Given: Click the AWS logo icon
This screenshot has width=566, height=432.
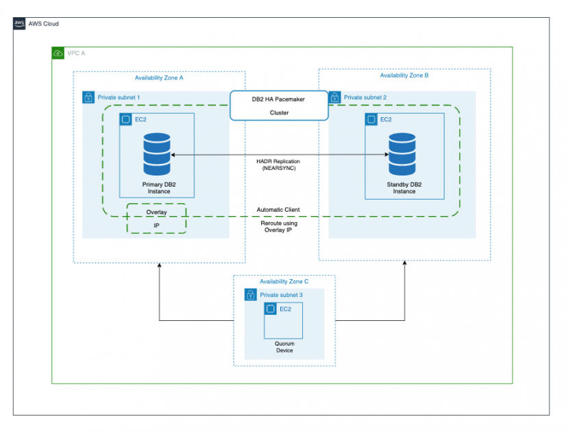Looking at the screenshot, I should tap(19, 24).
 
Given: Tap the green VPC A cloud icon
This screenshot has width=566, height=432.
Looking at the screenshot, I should tap(58, 53).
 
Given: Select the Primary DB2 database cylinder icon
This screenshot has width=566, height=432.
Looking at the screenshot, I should tap(157, 155).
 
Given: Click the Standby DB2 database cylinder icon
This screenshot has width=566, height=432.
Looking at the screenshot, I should tap(403, 154).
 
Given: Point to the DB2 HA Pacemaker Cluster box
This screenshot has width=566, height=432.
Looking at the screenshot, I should tap(278, 106).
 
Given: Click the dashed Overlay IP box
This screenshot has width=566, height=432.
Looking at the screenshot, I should tap(156, 219).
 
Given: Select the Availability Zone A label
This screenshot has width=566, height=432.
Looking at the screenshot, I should tap(159, 78).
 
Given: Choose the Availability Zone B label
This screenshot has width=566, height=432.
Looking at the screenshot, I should tap(404, 75).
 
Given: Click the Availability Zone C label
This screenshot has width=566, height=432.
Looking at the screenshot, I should tap(284, 282).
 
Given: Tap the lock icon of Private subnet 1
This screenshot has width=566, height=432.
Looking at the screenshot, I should tap(88, 97).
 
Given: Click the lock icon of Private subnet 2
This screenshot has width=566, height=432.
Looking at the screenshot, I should tap(335, 97).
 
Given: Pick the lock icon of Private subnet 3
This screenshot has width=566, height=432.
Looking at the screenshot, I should tap(251, 295).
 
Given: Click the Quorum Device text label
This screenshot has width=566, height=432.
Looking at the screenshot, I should tap(284, 346).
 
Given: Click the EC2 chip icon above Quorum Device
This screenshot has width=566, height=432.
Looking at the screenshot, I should tap(271, 309).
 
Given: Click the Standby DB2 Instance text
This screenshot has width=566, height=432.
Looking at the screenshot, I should tap(404, 188).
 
